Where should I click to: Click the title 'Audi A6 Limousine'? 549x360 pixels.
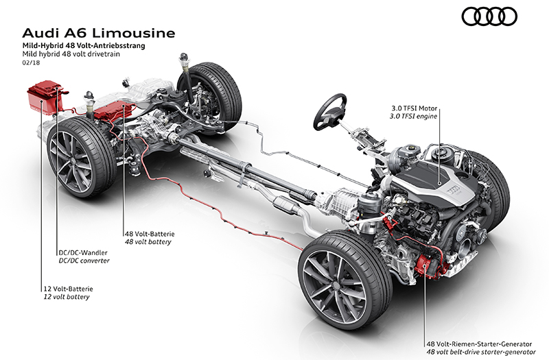100,33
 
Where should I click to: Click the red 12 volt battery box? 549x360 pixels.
43,99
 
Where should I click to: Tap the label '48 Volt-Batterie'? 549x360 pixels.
148,232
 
